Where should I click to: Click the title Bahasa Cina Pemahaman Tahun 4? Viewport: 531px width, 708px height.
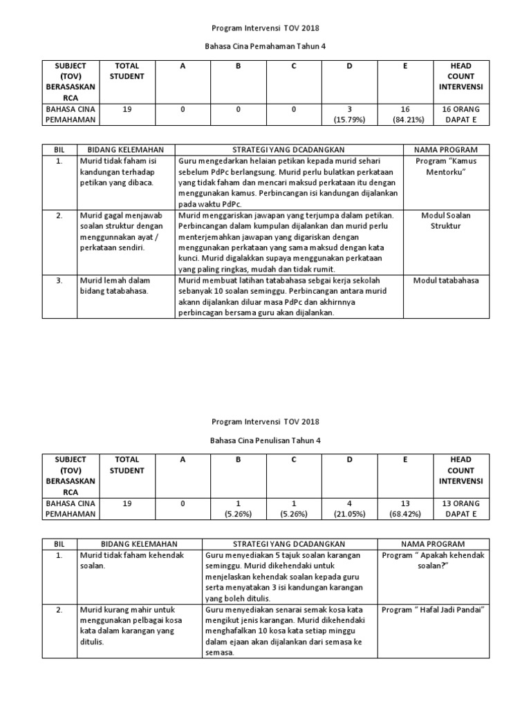(x=265, y=46)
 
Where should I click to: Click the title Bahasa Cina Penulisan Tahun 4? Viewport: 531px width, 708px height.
(x=265, y=440)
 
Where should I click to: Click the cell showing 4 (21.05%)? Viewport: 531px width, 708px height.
(x=349, y=509)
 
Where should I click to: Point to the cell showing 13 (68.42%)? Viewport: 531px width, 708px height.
(x=404, y=509)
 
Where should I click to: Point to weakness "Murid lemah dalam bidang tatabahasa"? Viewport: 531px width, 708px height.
(x=114, y=286)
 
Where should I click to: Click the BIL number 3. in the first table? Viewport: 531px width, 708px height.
(x=59, y=280)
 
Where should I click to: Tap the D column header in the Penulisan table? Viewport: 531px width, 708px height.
(x=349, y=459)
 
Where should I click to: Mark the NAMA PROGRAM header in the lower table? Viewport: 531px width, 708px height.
(x=434, y=544)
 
